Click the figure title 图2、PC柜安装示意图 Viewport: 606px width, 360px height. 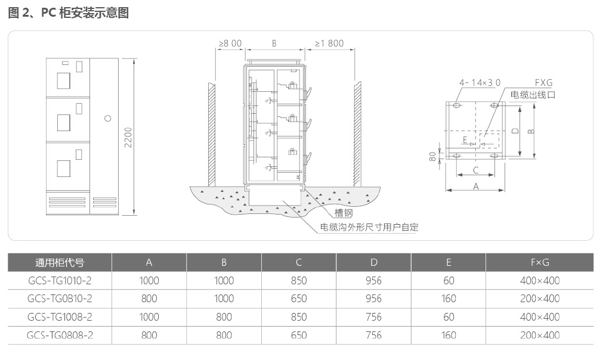[69, 13]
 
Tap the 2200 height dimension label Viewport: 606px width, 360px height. [128, 137]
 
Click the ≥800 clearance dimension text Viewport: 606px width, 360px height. [230, 44]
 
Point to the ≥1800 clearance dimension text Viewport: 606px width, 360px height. [329, 44]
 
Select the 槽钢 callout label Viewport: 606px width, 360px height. [343, 213]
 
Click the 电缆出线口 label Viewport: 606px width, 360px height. [533, 95]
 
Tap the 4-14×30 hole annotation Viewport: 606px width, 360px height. [480, 83]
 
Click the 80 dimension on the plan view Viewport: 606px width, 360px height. [433, 156]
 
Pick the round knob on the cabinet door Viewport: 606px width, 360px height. [108, 118]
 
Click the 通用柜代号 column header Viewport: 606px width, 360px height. [60, 263]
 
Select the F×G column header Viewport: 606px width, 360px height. [540, 262]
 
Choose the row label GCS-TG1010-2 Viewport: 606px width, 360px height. [60, 280]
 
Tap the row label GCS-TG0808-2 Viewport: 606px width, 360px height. [60, 335]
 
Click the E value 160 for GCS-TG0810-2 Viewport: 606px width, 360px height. [449, 299]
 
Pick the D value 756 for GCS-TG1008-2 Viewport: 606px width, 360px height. [373, 316]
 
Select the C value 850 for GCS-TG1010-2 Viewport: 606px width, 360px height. [299, 280]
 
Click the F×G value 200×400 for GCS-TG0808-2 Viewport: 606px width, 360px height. [540, 335]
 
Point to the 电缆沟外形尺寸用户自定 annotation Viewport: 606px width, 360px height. [369, 227]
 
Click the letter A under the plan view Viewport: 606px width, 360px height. [476, 186]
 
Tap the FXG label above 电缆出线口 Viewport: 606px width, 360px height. [543, 83]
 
